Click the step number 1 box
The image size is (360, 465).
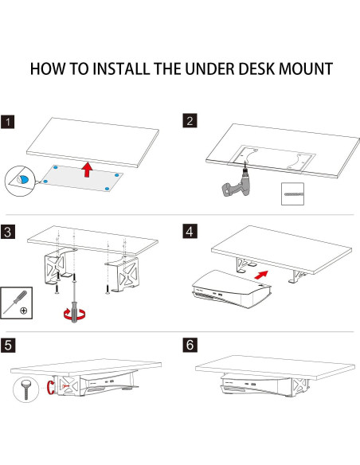(9, 122)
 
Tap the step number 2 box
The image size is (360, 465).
(190, 122)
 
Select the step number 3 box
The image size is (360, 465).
(9, 232)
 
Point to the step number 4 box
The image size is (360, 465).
(190, 232)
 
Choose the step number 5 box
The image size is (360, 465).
(9, 346)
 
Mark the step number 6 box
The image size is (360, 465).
(190, 346)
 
